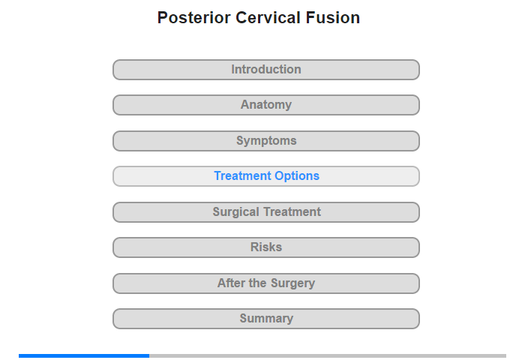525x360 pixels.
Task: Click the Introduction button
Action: pos(266,70)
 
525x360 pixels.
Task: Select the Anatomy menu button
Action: pos(266,105)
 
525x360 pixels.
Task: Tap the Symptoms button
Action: pos(266,141)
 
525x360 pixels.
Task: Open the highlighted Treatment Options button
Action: pos(266,176)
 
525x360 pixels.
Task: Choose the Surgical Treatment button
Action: pos(266,212)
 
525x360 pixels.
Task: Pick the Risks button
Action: pos(266,247)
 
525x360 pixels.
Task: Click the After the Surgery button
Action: pos(266,283)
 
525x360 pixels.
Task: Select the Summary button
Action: pos(266,319)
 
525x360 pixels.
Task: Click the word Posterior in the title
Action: pos(193,18)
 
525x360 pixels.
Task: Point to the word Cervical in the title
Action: pos(268,18)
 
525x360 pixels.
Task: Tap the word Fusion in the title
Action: pos(332,18)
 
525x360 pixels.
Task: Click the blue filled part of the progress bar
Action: pos(84,355)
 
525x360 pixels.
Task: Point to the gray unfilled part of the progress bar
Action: pos(328,355)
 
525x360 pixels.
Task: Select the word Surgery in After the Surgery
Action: pos(293,283)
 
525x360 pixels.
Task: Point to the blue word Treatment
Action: pos(243,175)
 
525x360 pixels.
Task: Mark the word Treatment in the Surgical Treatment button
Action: pos(292,211)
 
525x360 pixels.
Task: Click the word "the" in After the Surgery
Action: pos(258,283)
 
